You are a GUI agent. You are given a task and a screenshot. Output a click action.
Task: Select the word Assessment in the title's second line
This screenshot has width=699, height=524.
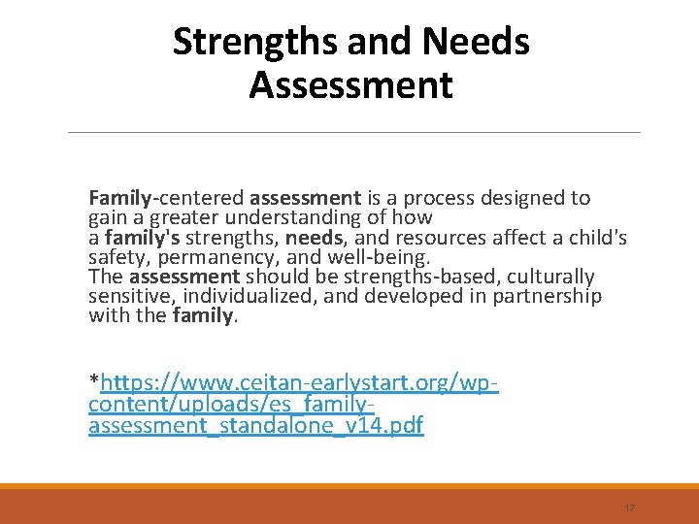pos(350,85)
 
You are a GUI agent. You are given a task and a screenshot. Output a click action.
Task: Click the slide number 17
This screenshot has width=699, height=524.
pos(629,508)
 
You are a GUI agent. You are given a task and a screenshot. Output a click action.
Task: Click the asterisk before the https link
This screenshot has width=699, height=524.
pos(94,378)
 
